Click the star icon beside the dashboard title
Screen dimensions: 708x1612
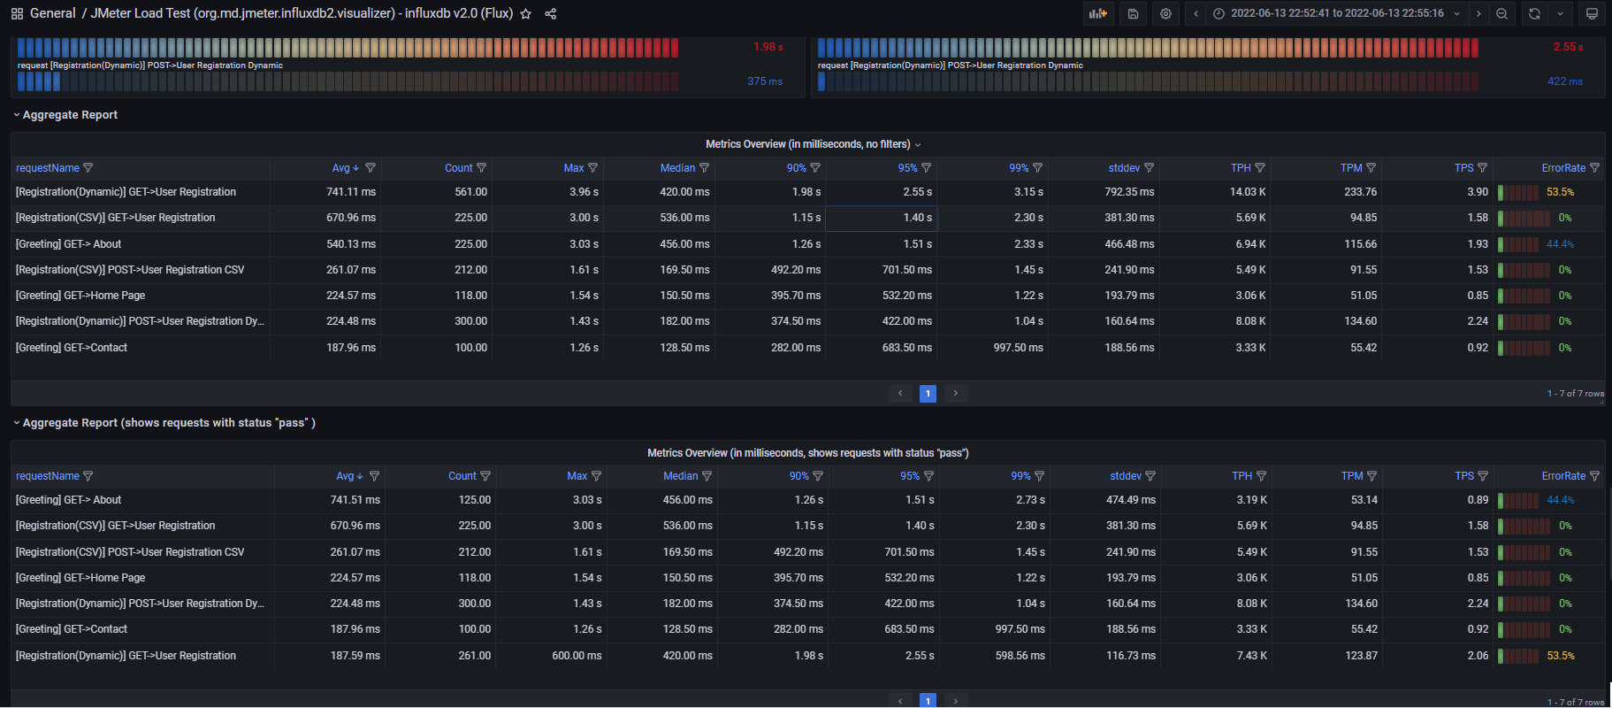click(526, 14)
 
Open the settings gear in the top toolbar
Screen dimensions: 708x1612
click(1166, 14)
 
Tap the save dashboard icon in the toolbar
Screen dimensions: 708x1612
click(1133, 14)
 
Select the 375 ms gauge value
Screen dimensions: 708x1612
click(764, 81)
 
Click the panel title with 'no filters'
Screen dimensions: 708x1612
click(808, 144)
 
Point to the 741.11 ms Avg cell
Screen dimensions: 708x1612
click(351, 192)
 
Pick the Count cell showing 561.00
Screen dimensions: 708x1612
click(470, 192)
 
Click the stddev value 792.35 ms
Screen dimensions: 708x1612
click(1129, 192)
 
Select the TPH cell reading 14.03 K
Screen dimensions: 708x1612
click(1248, 192)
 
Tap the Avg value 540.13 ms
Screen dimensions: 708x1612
click(351, 244)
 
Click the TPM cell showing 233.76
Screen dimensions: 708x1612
click(1360, 192)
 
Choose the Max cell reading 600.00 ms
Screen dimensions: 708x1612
click(577, 656)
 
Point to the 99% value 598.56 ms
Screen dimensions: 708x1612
click(1020, 656)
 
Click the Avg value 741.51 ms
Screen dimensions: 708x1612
click(355, 500)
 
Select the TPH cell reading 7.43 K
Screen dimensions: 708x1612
click(1251, 656)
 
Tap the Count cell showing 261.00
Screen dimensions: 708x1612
click(474, 656)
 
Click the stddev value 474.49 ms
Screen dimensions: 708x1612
click(1131, 500)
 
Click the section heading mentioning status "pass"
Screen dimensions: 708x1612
click(169, 423)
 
